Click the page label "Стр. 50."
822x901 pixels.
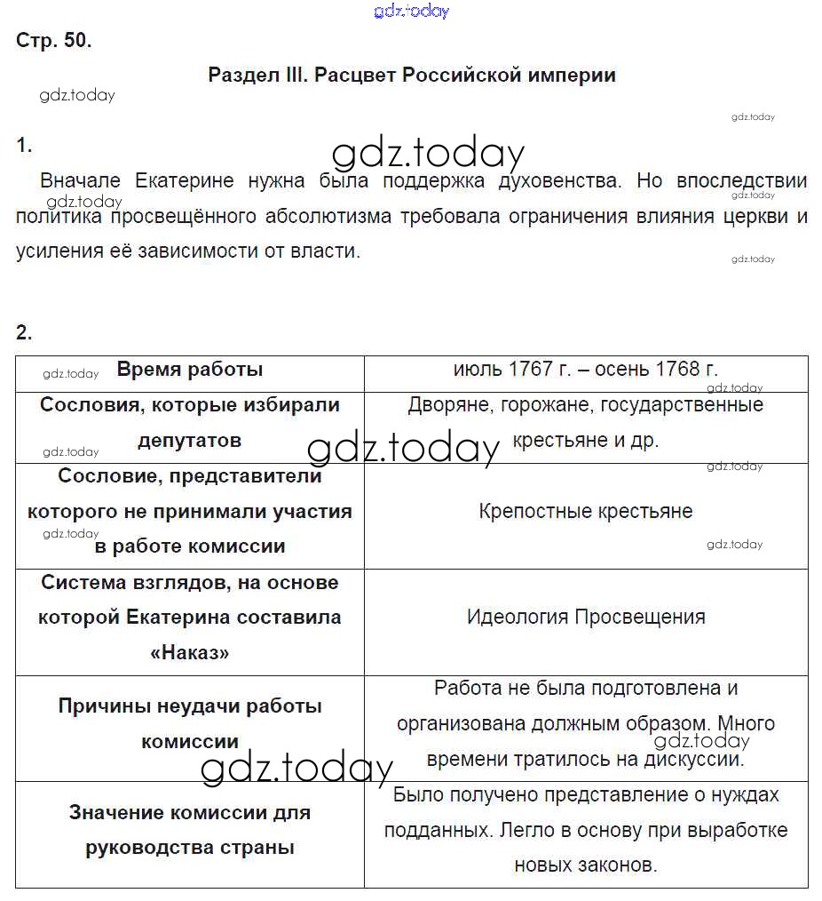point(53,41)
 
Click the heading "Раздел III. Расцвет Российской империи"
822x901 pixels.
point(411,75)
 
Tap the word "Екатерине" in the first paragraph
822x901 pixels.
point(184,181)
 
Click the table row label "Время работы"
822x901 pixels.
point(189,370)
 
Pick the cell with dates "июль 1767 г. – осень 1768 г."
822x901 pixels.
point(585,370)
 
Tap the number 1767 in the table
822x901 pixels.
point(530,370)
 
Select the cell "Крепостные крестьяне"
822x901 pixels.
point(585,512)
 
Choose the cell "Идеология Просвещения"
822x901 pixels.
point(585,618)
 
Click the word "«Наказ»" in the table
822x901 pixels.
point(189,653)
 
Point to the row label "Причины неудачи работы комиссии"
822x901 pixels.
point(189,724)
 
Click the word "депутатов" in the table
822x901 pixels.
point(189,441)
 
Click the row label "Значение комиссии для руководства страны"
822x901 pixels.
point(189,830)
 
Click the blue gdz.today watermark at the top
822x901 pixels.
point(412,11)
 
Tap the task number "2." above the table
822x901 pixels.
point(24,333)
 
